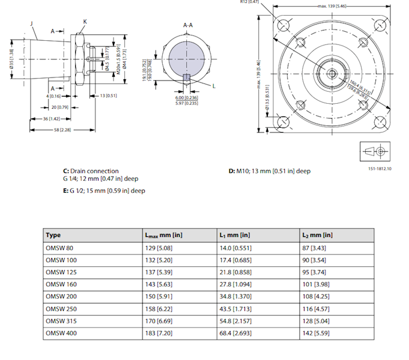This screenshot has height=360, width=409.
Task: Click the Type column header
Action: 53,235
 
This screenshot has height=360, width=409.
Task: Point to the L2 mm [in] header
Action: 318,235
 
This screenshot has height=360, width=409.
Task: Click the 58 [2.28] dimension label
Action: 62,129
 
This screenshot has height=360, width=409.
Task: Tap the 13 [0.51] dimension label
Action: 109,95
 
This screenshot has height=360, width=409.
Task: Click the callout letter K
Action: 85,22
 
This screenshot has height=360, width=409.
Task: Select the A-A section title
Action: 187,25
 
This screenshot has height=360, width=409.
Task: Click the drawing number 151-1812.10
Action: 380,169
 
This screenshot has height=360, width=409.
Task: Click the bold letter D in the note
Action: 231,171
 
